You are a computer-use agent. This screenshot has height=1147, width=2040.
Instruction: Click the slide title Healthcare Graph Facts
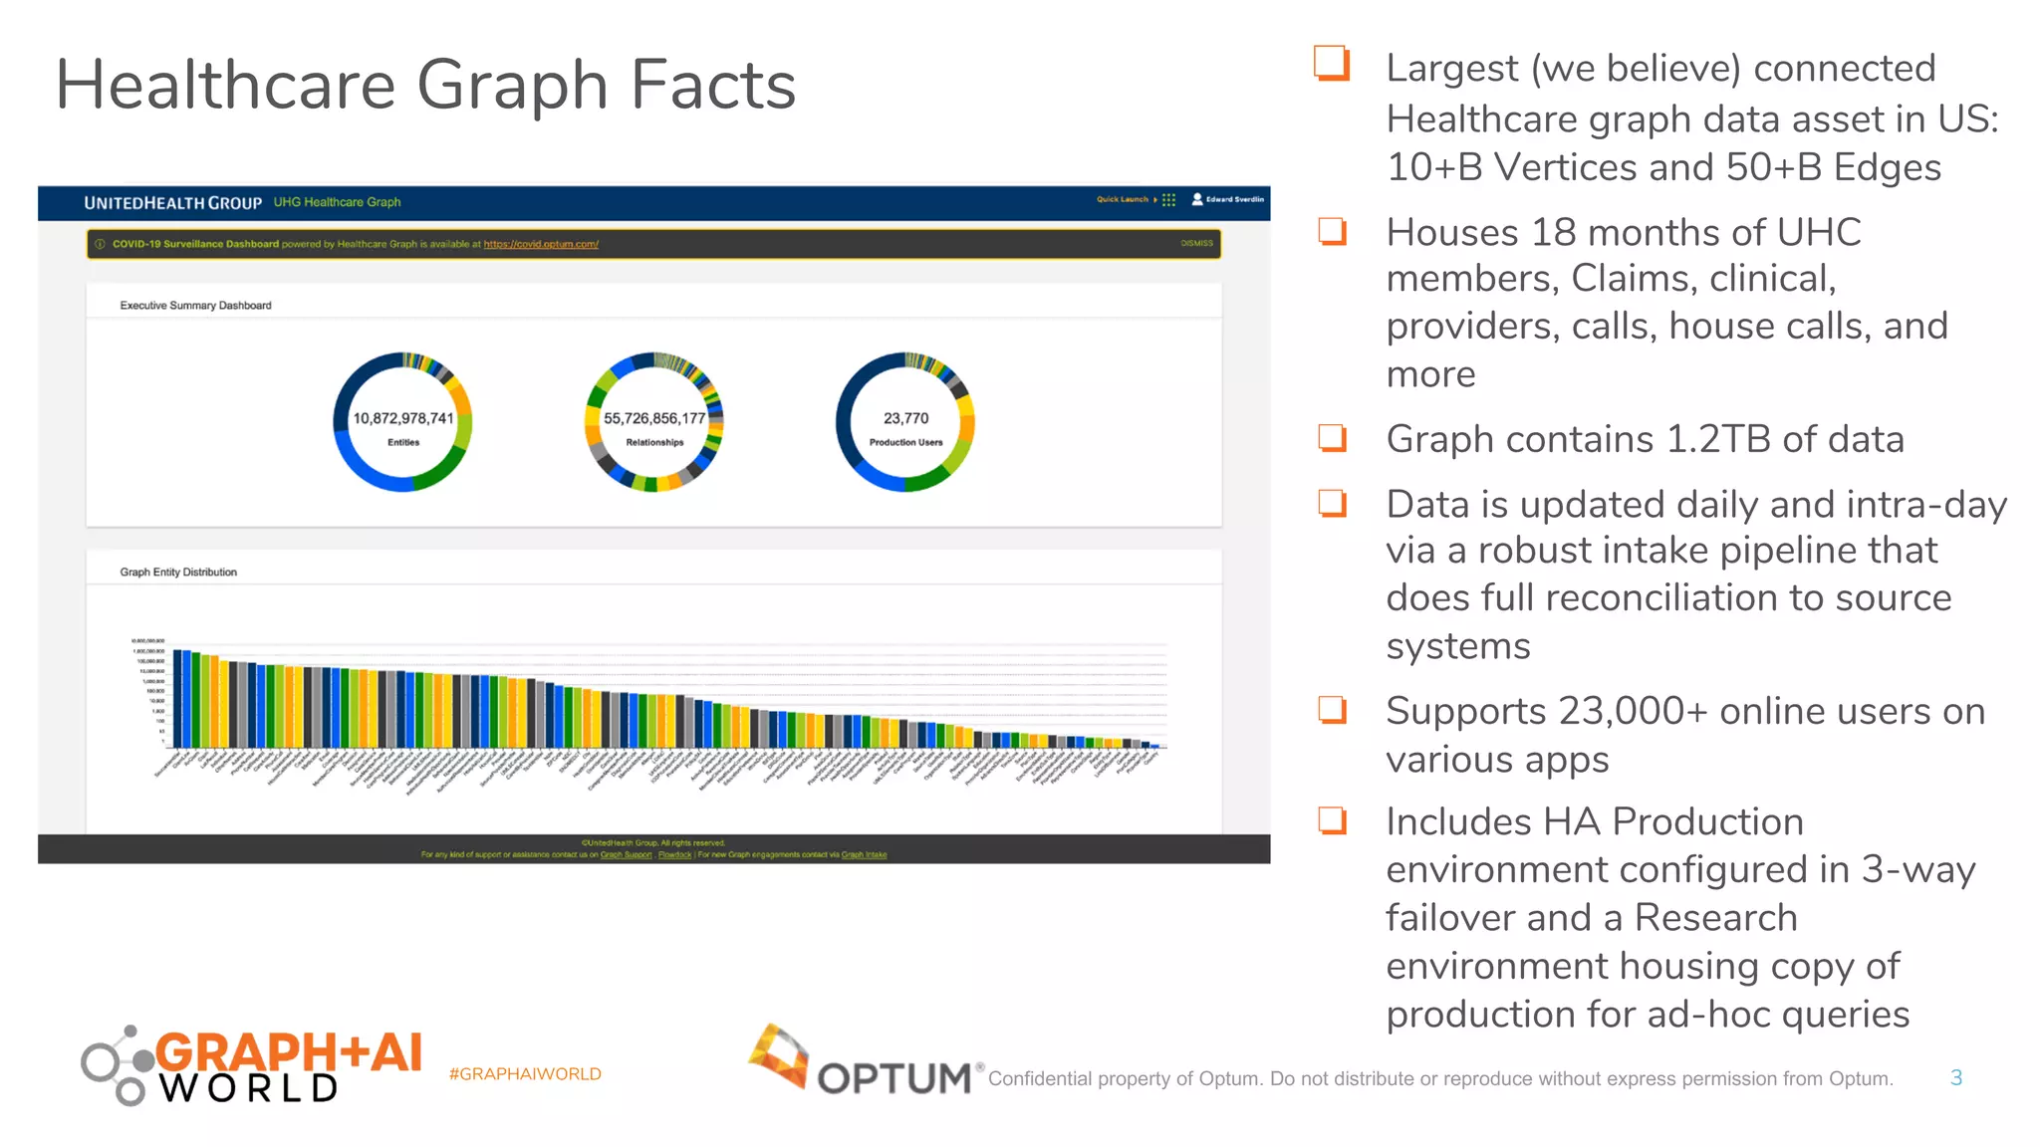tap(425, 86)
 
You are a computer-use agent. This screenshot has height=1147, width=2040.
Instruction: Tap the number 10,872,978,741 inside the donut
tap(402, 418)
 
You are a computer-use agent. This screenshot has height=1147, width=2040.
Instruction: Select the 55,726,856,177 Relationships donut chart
tap(653, 422)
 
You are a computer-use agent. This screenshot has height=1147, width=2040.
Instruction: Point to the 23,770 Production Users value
tap(905, 418)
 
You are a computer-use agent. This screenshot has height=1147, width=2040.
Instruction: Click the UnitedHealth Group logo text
tap(172, 203)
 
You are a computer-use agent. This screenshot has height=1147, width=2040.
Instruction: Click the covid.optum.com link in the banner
tap(541, 244)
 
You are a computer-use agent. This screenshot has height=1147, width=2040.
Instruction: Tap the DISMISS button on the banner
tap(1196, 243)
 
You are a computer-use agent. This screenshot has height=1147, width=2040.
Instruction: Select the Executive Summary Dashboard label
tap(195, 306)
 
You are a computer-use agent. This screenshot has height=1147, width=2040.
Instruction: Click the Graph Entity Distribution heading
tap(178, 573)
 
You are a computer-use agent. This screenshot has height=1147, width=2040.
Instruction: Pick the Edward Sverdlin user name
tap(1234, 199)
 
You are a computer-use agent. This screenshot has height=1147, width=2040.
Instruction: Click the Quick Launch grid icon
tap(1168, 199)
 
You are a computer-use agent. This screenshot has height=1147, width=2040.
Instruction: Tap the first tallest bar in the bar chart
tap(177, 698)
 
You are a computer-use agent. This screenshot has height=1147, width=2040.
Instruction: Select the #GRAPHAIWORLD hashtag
tap(525, 1074)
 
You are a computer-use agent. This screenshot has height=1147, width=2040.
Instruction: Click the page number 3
tap(1955, 1077)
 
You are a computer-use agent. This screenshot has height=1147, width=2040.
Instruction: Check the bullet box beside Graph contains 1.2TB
tap(1332, 438)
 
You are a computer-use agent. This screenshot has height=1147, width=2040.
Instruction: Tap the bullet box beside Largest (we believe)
tap(1331, 63)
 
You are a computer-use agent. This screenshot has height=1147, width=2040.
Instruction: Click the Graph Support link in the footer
tap(626, 854)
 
